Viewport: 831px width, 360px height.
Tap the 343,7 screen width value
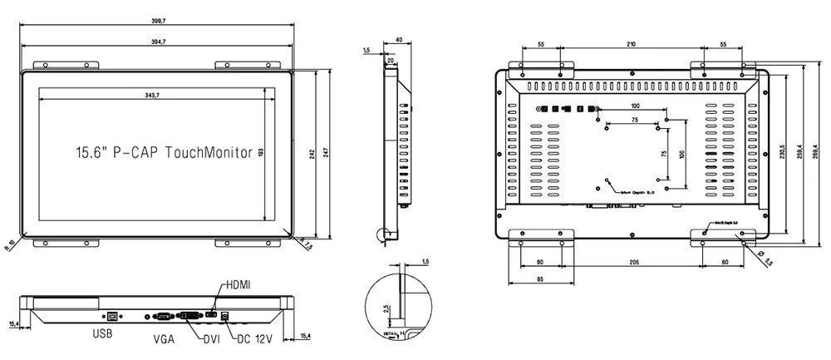[x=152, y=96]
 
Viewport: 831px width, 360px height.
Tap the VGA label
[x=163, y=339]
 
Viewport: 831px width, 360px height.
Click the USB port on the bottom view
[x=112, y=316]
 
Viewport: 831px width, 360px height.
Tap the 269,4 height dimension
[x=821, y=153]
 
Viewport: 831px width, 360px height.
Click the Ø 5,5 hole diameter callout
[x=766, y=258]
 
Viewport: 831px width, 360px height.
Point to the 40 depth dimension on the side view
[x=399, y=40]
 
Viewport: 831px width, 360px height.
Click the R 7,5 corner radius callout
[x=307, y=247]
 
